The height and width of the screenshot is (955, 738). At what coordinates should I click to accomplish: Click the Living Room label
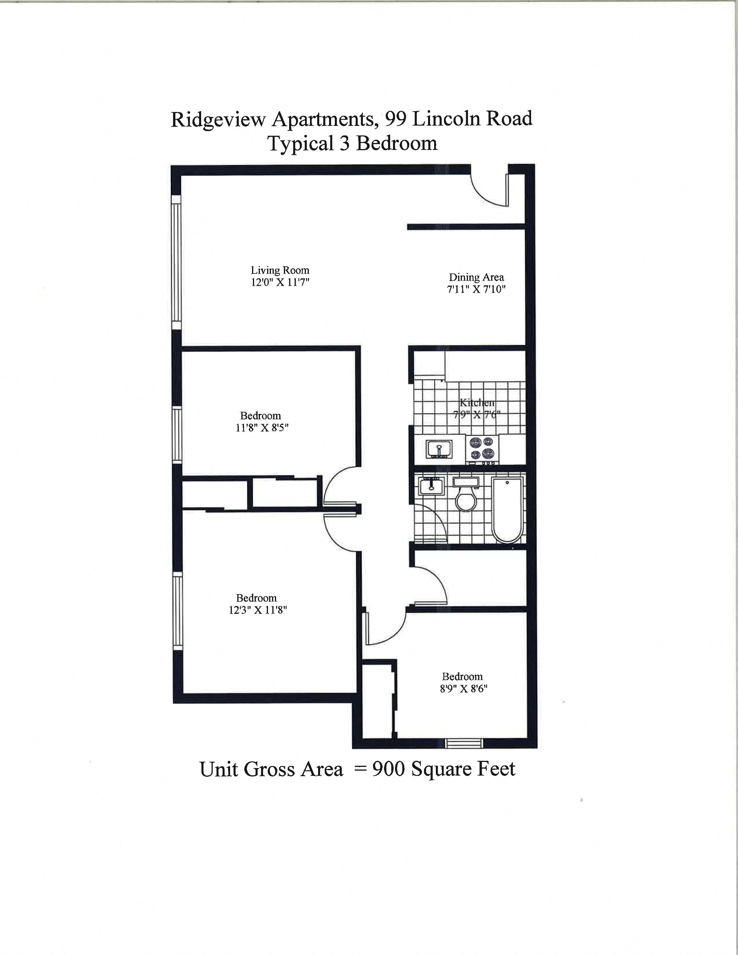280,270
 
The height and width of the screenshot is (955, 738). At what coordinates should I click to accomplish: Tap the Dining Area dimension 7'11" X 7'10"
476,289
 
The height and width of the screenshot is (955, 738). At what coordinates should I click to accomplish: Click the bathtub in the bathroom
507,510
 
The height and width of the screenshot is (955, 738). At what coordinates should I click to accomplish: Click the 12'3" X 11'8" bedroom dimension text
258,610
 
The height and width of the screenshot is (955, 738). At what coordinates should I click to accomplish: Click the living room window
176,262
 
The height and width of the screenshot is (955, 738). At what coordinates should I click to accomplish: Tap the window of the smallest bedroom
464,743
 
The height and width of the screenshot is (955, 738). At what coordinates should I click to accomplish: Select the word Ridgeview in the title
218,120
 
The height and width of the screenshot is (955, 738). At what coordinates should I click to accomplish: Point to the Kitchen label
477,402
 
